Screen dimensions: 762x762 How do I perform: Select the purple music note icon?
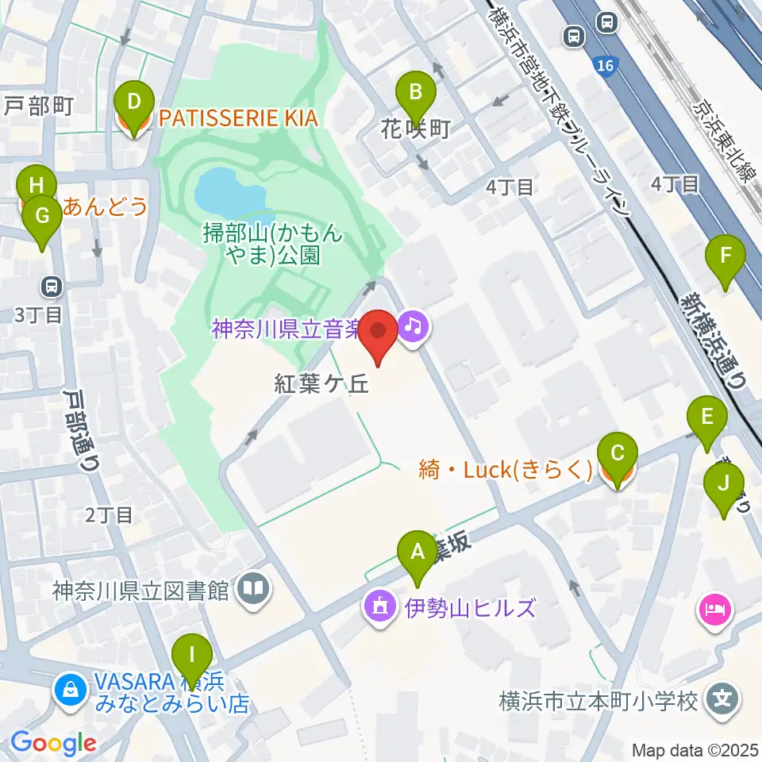413,325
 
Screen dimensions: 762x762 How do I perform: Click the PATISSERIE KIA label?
238,119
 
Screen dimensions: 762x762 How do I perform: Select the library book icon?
255,589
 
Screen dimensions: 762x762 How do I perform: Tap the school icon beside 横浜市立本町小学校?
723,700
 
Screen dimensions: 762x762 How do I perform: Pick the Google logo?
53,743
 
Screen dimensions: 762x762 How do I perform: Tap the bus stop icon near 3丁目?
52,285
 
